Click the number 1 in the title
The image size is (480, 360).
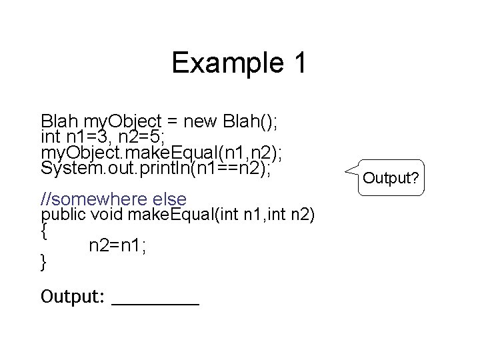[x=298, y=63]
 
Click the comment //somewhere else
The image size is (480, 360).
[x=113, y=199]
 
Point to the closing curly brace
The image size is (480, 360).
[x=44, y=263]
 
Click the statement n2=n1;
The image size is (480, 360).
[x=118, y=246]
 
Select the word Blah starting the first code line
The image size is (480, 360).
[x=60, y=121]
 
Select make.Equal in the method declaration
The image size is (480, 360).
[x=158, y=215]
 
